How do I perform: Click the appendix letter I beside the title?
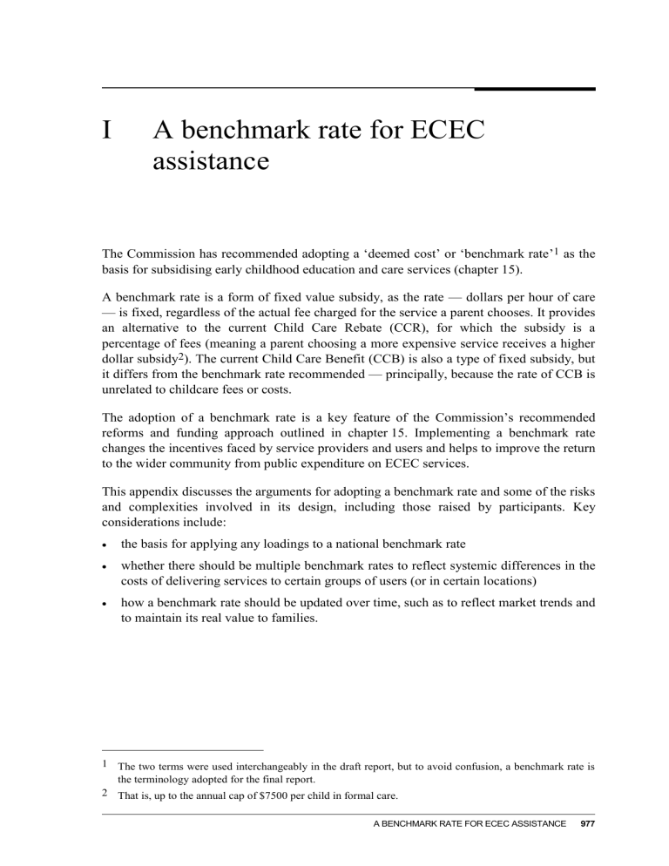[106, 131]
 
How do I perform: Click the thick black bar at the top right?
[534, 89]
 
